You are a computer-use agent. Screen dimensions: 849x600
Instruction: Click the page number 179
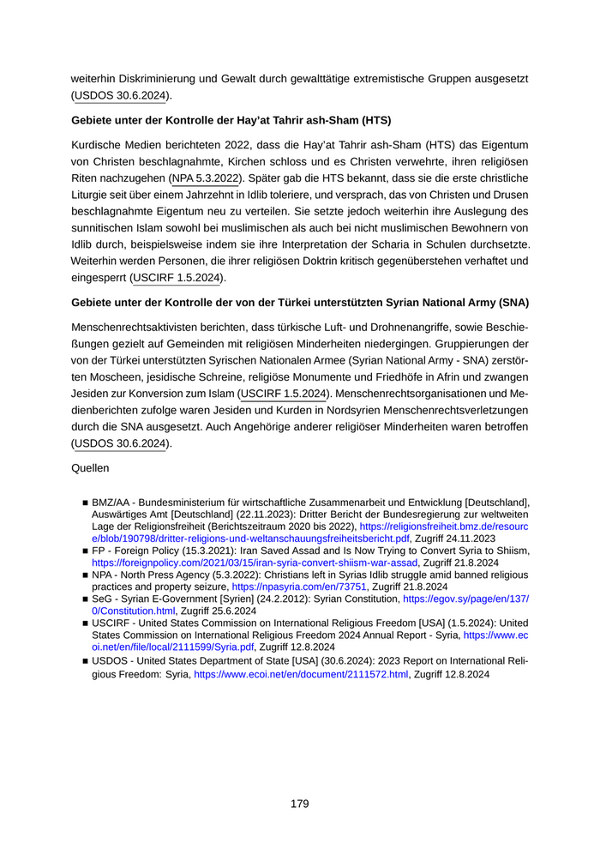[x=299, y=804]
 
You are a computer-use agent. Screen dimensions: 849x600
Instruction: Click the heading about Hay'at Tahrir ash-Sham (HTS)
[x=231, y=119]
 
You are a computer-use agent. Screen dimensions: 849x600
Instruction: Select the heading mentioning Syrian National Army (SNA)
[x=299, y=303]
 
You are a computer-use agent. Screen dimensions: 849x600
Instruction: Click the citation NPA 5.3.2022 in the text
[x=206, y=178]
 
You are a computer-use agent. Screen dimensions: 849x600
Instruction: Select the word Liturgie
[x=96, y=195]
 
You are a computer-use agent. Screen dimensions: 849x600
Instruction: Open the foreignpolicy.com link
[x=255, y=562]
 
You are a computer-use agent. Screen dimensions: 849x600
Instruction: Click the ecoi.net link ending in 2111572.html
[x=301, y=675]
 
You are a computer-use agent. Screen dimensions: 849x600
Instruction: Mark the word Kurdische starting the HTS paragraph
[x=95, y=146]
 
